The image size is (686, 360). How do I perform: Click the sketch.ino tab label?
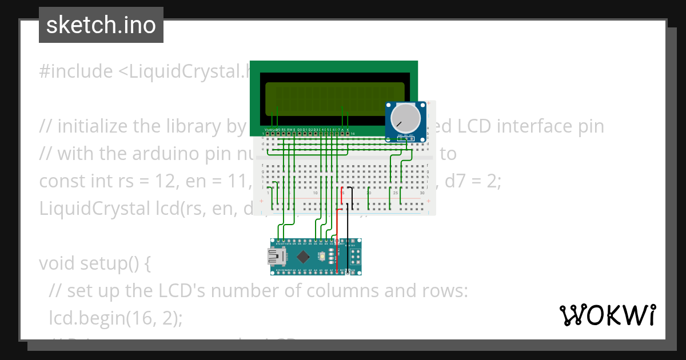click(x=101, y=25)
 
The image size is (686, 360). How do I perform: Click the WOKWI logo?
click(x=608, y=315)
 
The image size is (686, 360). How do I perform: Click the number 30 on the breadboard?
click(x=422, y=193)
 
